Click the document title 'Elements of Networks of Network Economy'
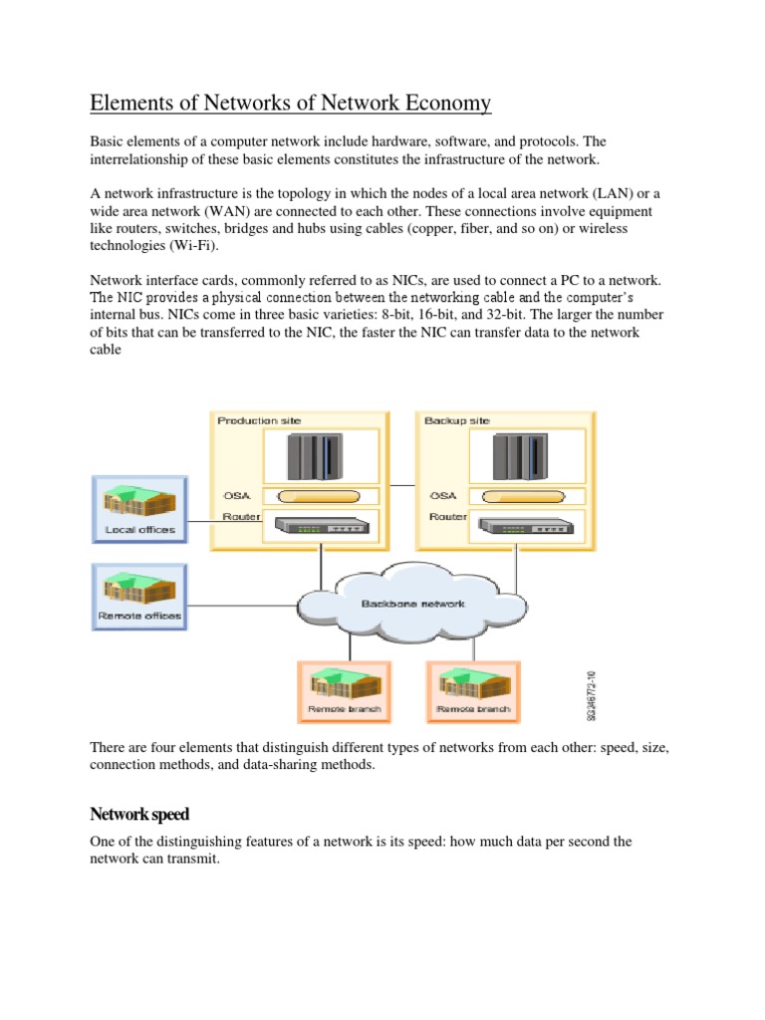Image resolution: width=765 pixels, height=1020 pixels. (x=291, y=105)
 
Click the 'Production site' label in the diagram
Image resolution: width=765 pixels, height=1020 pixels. (x=259, y=421)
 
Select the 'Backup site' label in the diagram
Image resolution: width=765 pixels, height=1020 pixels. (x=457, y=421)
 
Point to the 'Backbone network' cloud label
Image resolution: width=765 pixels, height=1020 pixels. (x=412, y=604)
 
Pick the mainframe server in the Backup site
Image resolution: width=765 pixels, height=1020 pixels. (x=518, y=456)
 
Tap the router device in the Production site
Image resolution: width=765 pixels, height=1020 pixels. (x=319, y=526)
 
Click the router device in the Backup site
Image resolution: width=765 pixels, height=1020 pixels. (x=519, y=526)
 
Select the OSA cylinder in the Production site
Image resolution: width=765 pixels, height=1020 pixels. (x=318, y=495)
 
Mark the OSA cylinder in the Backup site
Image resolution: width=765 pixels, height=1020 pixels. (x=519, y=495)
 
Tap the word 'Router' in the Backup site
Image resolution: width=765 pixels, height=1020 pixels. (x=448, y=517)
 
